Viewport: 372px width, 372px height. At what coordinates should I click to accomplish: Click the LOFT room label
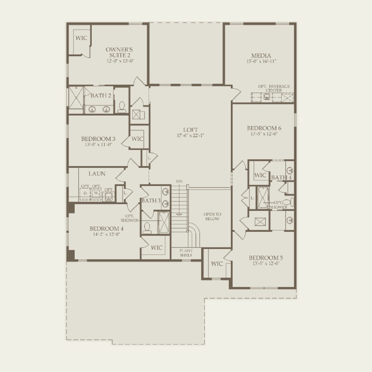point(190,130)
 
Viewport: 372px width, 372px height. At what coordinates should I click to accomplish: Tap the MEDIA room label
point(261,55)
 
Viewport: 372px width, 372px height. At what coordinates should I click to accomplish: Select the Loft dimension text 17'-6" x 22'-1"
point(190,135)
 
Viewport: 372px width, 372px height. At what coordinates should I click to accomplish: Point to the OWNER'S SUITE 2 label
point(119,52)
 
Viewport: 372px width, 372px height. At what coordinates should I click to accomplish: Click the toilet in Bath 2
point(122,107)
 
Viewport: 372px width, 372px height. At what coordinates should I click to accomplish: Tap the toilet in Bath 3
point(147,228)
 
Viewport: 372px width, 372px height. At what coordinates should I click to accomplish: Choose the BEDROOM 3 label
point(98,139)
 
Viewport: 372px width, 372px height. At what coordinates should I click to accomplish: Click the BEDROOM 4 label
point(106,229)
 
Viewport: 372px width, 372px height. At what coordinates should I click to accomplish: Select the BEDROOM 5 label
point(266,258)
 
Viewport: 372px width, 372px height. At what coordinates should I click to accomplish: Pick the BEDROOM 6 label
point(264,128)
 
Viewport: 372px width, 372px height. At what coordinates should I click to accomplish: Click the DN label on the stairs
point(179,181)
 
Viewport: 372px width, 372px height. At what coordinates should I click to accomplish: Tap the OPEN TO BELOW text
point(212,216)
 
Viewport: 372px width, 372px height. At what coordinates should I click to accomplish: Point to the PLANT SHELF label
point(186,253)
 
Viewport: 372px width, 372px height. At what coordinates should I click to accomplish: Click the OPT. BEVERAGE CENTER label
point(274,88)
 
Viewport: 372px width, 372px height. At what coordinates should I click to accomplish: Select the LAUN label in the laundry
point(97,173)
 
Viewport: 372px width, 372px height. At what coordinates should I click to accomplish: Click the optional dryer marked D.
point(85,193)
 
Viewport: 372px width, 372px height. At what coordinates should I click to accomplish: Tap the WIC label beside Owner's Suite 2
point(81,38)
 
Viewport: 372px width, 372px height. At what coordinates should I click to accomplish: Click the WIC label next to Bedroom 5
point(217,264)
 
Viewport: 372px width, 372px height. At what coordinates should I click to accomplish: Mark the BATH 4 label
point(281,177)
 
